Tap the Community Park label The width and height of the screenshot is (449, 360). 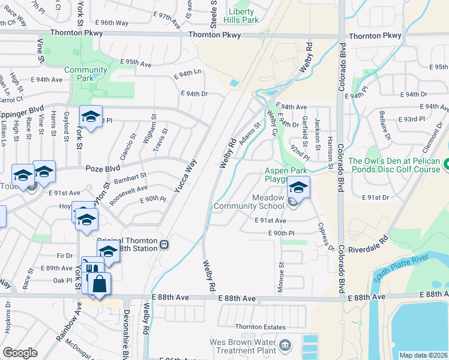click(86, 74)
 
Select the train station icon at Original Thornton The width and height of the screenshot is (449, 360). click(163, 245)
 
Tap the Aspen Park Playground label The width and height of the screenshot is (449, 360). click(287, 175)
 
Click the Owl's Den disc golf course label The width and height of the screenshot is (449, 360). click(394, 165)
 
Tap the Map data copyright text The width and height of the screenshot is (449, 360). click(423, 355)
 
